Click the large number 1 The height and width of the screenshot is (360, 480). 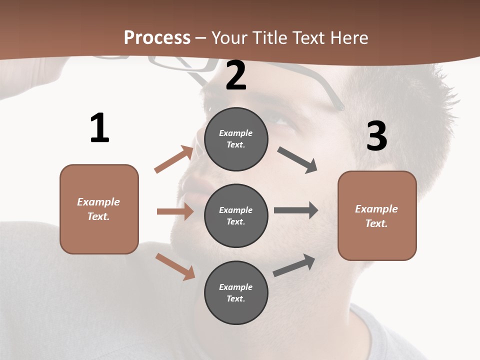tap(99, 128)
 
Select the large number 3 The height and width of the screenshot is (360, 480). tap(377, 136)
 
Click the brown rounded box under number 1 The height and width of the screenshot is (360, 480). tap(99, 209)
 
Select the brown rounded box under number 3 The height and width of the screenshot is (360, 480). tap(377, 215)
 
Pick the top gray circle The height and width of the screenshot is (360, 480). tap(236, 139)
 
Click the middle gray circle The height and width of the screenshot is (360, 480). tap(236, 215)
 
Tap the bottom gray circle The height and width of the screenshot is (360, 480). tap(236, 292)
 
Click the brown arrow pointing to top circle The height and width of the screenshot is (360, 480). tap(174, 159)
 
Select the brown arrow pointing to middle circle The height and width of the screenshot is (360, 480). tap(175, 211)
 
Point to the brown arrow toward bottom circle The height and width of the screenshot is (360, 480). tap(175, 266)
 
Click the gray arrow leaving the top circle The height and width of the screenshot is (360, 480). tap(297, 160)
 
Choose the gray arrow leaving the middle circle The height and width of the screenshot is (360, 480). tap(296, 210)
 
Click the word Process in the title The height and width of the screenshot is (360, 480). tap(157, 37)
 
